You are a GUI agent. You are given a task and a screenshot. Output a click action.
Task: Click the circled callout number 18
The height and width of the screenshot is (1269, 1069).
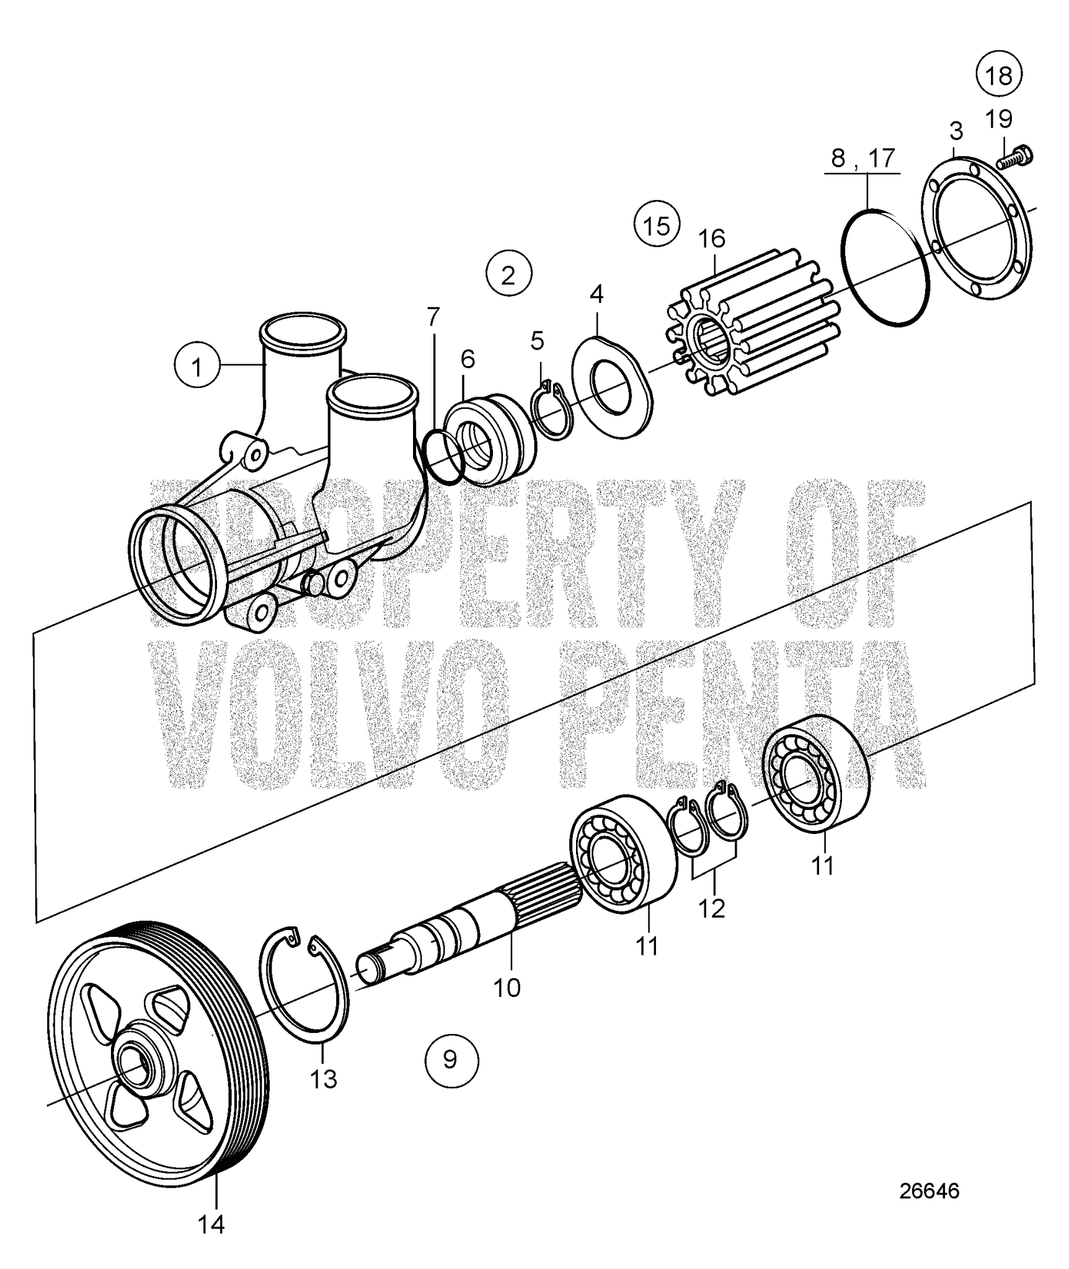click(x=998, y=75)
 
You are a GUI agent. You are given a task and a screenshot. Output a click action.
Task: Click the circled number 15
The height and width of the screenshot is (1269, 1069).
click(x=657, y=224)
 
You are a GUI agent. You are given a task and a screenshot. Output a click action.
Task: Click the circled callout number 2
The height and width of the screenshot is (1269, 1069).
click(x=508, y=274)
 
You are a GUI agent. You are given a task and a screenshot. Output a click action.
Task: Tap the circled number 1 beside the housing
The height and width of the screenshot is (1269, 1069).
click(x=197, y=367)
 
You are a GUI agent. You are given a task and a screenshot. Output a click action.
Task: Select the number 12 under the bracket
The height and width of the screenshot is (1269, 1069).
click(x=711, y=908)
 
